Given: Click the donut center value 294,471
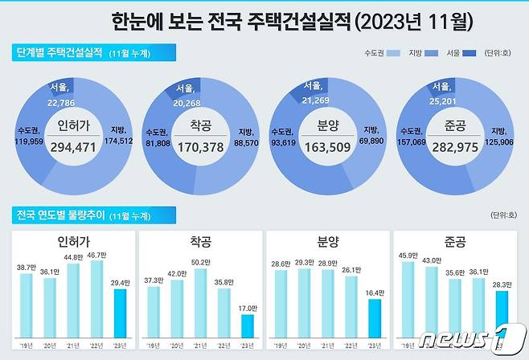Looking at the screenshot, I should pos(74,147).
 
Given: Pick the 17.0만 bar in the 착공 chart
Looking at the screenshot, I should pos(247,327).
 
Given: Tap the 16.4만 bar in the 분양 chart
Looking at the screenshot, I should pos(374,318).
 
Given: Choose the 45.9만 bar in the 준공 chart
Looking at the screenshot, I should pos(408,301).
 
